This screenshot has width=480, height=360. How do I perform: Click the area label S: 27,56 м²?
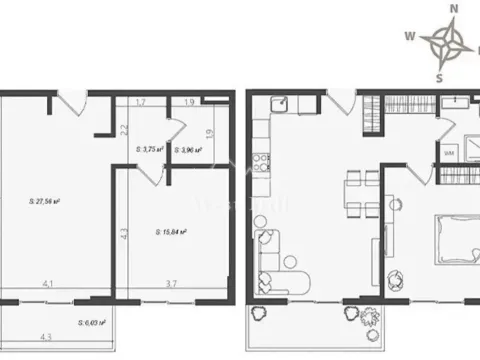click(46, 201)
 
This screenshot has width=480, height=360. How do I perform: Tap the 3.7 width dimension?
click(170, 284)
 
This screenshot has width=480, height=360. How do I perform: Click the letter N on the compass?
click(453, 9)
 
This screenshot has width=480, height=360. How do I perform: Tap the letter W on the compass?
click(410, 33)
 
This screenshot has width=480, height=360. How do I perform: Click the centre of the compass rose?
click(447, 41)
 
